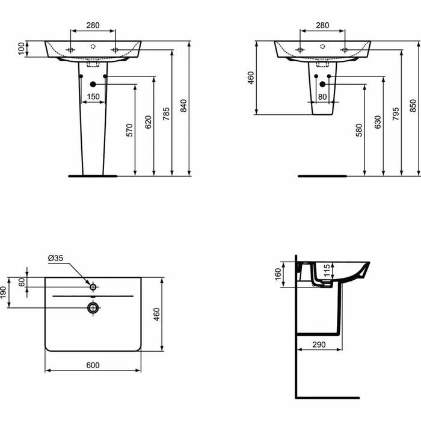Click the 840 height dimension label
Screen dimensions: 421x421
pyautogui.click(x=184, y=106)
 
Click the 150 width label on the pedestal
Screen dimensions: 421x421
pyautogui.click(x=93, y=96)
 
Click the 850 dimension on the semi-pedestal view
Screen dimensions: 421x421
pyautogui.click(x=413, y=106)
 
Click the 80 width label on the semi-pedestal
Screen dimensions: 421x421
pyautogui.click(x=322, y=96)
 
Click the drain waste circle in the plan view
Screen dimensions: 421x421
pyautogui.click(x=93, y=307)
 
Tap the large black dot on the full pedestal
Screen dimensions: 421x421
pyautogui.click(x=93, y=85)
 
